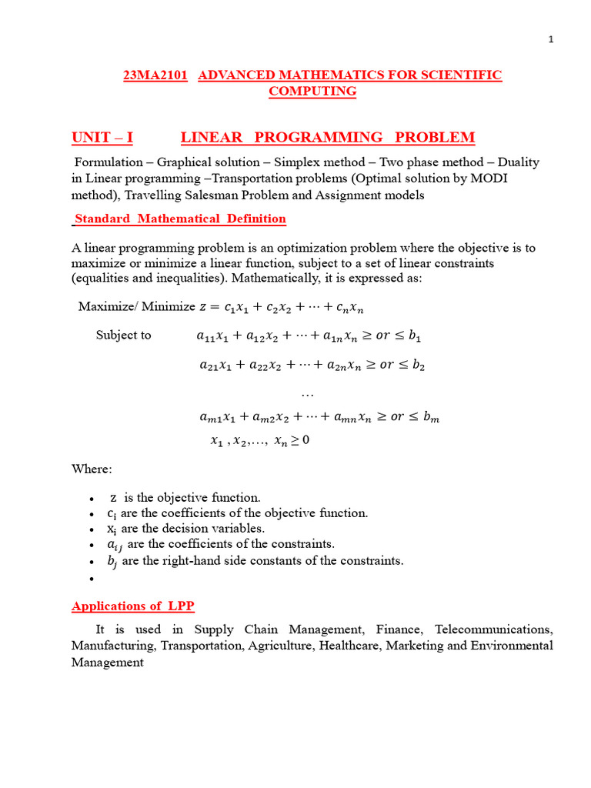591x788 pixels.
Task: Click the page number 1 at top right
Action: [551, 41]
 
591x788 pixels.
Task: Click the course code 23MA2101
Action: [155, 75]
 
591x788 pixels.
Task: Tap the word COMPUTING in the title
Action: [312, 92]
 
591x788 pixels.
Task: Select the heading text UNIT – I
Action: [102, 138]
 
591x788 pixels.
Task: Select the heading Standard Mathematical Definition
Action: [180, 219]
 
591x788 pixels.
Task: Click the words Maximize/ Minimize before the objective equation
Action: [137, 307]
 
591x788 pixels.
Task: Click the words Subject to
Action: [123, 336]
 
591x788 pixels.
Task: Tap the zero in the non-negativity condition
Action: [306, 441]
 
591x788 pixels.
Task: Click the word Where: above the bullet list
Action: [92, 469]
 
